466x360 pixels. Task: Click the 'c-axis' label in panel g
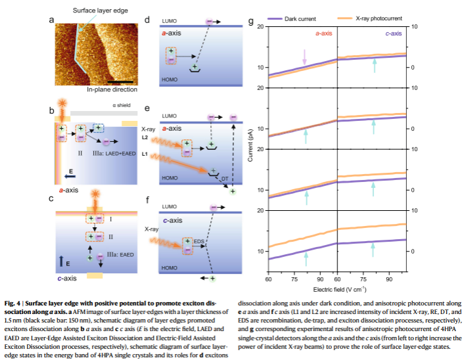(x=394, y=32)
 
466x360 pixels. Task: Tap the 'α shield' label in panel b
(x=123, y=104)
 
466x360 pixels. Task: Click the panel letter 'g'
(x=251, y=22)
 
